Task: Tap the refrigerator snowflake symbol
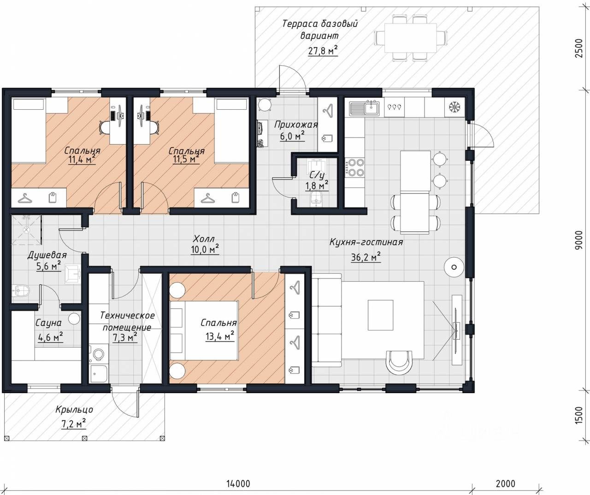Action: click(454, 107)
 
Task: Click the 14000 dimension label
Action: click(238, 483)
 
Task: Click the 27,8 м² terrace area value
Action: click(323, 51)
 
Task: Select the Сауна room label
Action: click(48, 323)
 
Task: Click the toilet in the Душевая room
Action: click(21, 290)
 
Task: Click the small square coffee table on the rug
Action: click(380, 315)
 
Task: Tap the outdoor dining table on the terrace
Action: click(411, 38)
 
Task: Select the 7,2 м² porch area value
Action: click(73, 424)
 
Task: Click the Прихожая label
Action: click(296, 124)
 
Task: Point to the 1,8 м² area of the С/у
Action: click(317, 185)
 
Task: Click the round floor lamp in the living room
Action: click(454, 267)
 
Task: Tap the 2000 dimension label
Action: click(506, 483)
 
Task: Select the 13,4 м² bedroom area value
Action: click(219, 336)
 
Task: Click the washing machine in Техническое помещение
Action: click(98, 354)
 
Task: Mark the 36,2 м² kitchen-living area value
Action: click(366, 257)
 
